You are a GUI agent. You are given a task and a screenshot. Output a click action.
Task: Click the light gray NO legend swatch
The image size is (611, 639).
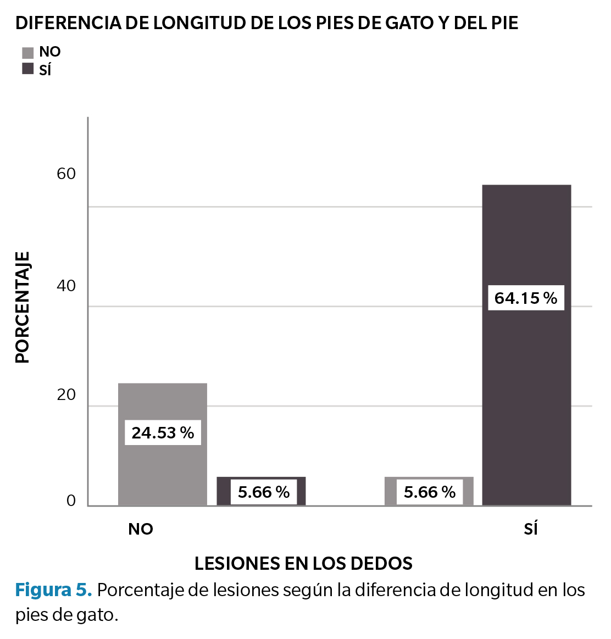click(28, 53)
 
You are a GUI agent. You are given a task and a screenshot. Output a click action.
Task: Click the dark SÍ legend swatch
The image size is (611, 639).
click(28, 69)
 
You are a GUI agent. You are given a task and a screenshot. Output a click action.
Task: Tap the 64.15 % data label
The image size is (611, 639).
click(526, 298)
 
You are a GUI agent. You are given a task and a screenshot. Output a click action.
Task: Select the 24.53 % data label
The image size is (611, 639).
click(163, 433)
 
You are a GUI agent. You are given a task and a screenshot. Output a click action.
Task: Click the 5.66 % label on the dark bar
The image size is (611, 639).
click(264, 492)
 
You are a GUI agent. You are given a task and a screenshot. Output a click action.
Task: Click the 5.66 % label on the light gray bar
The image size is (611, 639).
click(430, 492)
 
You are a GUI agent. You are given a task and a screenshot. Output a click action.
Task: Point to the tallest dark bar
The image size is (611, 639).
click(526, 385)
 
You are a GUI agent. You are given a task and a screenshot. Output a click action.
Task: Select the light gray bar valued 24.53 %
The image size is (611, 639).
click(163, 401)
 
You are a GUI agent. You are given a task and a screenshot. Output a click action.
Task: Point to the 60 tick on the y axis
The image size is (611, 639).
click(66, 174)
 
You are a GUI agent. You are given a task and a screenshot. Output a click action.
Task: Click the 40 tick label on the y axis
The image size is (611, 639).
click(66, 286)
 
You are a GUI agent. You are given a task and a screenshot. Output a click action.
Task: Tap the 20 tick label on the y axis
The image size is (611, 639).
click(66, 394)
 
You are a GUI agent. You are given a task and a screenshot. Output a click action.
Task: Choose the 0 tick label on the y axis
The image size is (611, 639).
click(71, 501)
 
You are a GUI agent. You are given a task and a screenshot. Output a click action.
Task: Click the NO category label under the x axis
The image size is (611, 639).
click(141, 529)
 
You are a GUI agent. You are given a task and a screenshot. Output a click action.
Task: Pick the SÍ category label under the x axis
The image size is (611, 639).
click(531, 529)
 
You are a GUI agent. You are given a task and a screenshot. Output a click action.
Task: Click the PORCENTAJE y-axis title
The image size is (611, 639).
click(23, 308)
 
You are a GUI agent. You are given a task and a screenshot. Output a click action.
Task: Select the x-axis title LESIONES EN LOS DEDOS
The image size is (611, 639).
click(303, 563)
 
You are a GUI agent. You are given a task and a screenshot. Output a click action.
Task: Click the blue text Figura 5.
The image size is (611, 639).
click(53, 590)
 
